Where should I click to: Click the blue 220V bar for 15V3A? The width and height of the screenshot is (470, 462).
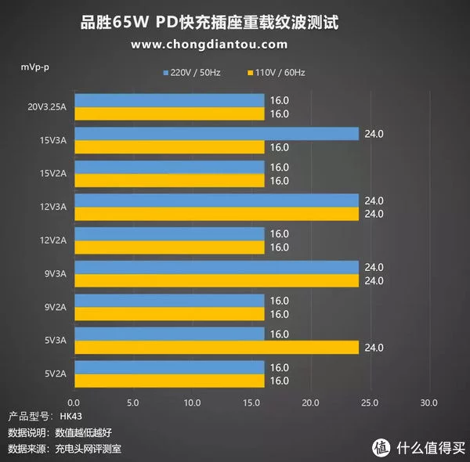(x=215, y=134)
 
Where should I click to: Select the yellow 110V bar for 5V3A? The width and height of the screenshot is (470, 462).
(x=215, y=347)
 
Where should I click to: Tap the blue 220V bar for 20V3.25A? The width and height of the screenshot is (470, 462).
(x=168, y=101)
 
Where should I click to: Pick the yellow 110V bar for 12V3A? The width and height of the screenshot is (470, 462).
(x=215, y=214)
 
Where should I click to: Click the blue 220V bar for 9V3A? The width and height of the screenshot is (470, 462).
(x=215, y=267)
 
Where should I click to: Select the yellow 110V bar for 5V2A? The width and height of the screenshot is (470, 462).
(x=168, y=381)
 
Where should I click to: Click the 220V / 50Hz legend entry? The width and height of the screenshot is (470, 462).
(x=193, y=73)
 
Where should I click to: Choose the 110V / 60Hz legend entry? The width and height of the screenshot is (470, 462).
(x=277, y=73)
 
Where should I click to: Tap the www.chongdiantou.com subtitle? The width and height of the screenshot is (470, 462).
(x=208, y=45)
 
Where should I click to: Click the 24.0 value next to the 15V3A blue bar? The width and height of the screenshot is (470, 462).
(x=375, y=134)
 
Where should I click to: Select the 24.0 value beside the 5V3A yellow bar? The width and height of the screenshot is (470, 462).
(x=375, y=347)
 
